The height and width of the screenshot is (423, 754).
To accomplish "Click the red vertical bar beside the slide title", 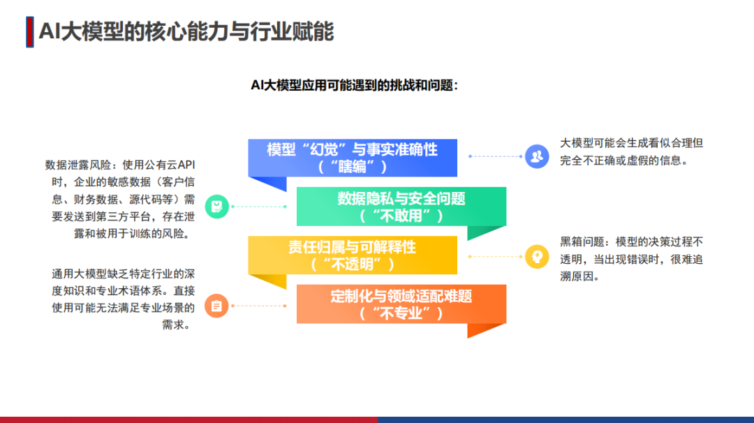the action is click(x=30, y=32).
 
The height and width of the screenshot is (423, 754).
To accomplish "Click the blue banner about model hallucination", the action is click(x=353, y=158).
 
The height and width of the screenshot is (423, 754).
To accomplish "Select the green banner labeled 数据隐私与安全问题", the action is click(x=401, y=207).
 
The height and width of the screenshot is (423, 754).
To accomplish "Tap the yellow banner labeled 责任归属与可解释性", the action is click(x=353, y=255).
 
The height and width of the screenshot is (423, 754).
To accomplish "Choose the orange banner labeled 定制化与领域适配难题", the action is click(x=401, y=304).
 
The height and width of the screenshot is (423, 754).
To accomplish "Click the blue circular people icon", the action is click(x=537, y=156).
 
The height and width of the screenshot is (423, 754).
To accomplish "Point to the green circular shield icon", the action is click(x=217, y=207).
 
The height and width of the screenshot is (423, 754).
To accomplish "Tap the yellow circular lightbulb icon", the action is click(x=537, y=257).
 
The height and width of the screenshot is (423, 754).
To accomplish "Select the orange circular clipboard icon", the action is click(x=216, y=306).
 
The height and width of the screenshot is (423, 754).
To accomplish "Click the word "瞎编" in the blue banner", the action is click(x=353, y=167).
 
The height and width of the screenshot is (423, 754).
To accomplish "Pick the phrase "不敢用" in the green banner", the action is click(x=401, y=216).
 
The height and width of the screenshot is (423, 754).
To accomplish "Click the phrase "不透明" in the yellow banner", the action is click(x=353, y=265).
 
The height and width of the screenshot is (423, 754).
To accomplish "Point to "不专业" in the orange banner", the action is click(x=401, y=313).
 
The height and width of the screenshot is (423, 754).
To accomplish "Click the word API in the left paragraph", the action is click(x=186, y=165).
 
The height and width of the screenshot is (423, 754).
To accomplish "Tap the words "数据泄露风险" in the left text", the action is click(x=78, y=165).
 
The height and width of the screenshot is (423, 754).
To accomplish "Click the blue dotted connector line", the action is click(x=495, y=156).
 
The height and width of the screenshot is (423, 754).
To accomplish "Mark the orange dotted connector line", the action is click(x=259, y=306).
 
